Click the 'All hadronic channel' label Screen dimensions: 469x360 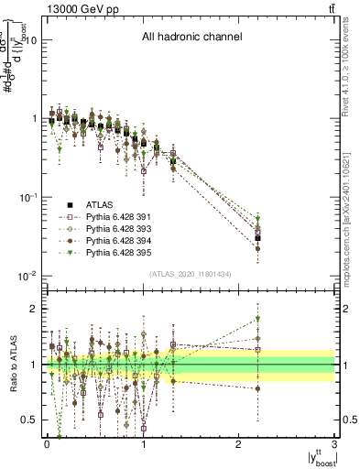click(191, 38)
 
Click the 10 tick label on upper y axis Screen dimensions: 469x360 click(29, 40)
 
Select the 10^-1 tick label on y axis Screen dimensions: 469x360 click(27, 197)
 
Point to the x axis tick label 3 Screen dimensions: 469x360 click(335, 445)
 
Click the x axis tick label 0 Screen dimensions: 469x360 click(47, 445)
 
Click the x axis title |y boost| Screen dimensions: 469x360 click(317, 458)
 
